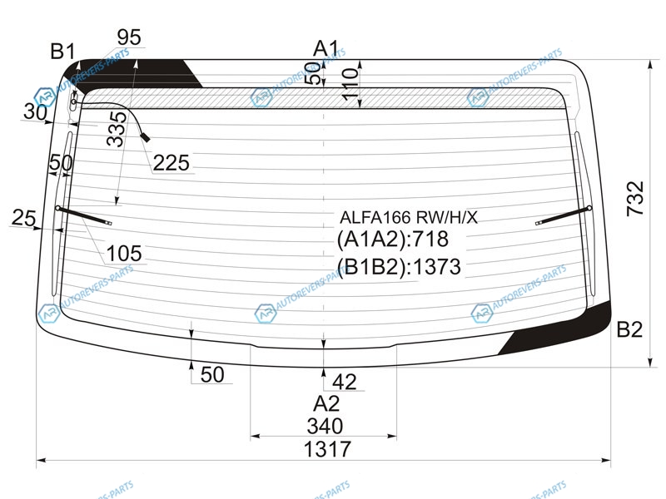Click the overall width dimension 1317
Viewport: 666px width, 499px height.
[x=327, y=449]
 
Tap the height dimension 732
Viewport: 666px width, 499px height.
[x=636, y=199]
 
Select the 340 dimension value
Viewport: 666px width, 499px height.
[x=325, y=426]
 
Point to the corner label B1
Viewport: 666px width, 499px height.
[x=63, y=52]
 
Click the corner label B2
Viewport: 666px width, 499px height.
[x=629, y=329]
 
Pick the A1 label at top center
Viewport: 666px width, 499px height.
[x=326, y=48]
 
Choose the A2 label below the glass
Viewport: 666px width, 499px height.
[x=326, y=403]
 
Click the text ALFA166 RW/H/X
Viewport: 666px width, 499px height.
[x=409, y=218]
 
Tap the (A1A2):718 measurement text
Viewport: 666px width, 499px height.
[x=392, y=240]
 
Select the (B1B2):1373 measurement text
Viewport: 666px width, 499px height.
[x=399, y=267]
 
